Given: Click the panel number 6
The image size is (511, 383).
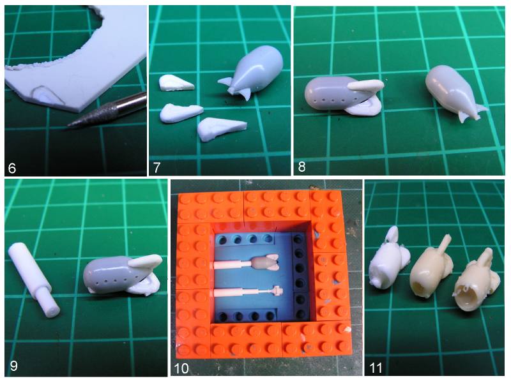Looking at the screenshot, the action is [12, 169].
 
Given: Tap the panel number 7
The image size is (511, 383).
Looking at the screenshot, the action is [156, 168].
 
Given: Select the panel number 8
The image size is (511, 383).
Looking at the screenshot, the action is [301, 167].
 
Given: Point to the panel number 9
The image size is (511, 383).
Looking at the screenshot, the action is [13, 366].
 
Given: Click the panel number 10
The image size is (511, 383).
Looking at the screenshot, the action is [181, 368].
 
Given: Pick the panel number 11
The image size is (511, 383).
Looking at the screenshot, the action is [376, 368].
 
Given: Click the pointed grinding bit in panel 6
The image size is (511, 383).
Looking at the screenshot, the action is [107, 110].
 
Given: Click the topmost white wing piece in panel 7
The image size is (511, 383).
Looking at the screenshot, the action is [176, 83].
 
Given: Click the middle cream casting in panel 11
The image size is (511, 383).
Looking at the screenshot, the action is [429, 271].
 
